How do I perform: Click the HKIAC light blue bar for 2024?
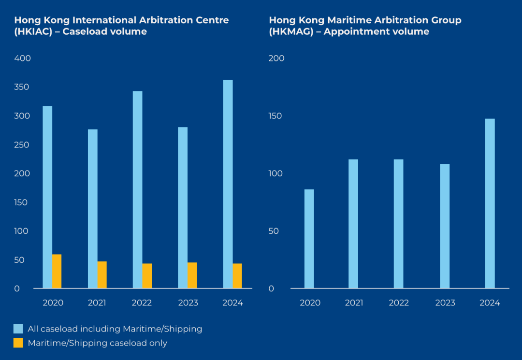[x=228, y=184]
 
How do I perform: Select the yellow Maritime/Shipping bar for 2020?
[x=57, y=271]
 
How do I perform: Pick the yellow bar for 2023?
[x=192, y=275]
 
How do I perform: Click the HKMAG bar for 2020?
[x=309, y=239]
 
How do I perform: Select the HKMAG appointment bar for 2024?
[x=490, y=203]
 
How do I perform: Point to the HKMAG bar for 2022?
[x=398, y=224]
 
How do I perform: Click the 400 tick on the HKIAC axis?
[x=23, y=58]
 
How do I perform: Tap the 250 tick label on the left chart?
[x=23, y=145]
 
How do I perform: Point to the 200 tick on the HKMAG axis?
[x=276, y=58]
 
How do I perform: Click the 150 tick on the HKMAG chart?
[x=276, y=116]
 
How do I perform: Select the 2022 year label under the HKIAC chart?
[x=142, y=303]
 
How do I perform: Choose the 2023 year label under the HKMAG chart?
[x=445, y=303]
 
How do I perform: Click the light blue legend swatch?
[x=18, y=329]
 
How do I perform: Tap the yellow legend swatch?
[x=18, y=343]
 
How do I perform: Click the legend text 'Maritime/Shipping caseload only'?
[x=97, y=343]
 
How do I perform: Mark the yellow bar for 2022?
[x=147, y=276]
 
